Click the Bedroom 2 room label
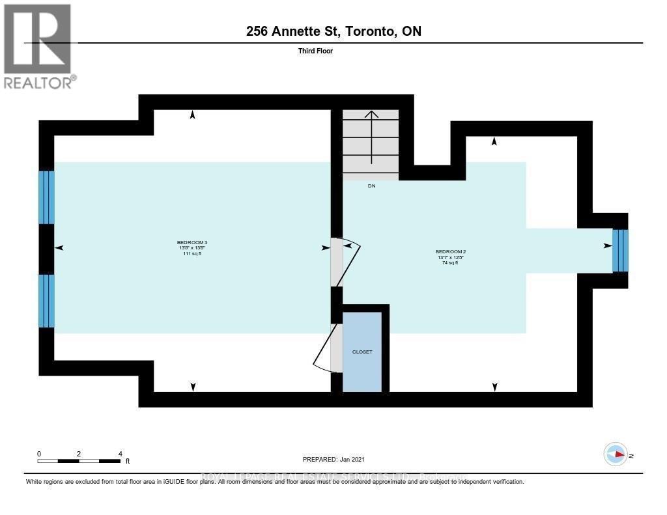tap(449, 251)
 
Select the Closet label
tap(362, 352)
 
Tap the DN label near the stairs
tap(371, 186)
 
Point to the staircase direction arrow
tap(371, 137)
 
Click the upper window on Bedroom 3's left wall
tap(46, 197)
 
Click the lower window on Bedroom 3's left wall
tap(46, 301)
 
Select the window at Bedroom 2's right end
tap(620, 251)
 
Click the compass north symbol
tap(616, 454)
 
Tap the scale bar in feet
tap(79, 461)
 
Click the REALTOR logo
tap(38, 46)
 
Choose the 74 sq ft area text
tap(449, 263)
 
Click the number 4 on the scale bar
tap(120, 453)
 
